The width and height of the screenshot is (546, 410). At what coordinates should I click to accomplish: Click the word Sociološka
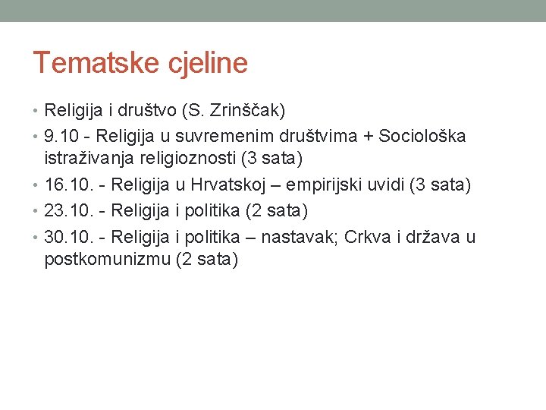point(422,136)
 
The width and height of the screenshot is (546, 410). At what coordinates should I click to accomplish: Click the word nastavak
point(299,237)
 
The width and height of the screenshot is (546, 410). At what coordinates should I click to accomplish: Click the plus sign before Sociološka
point(366,136)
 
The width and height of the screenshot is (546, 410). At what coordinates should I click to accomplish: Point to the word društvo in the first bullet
point(148,111)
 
